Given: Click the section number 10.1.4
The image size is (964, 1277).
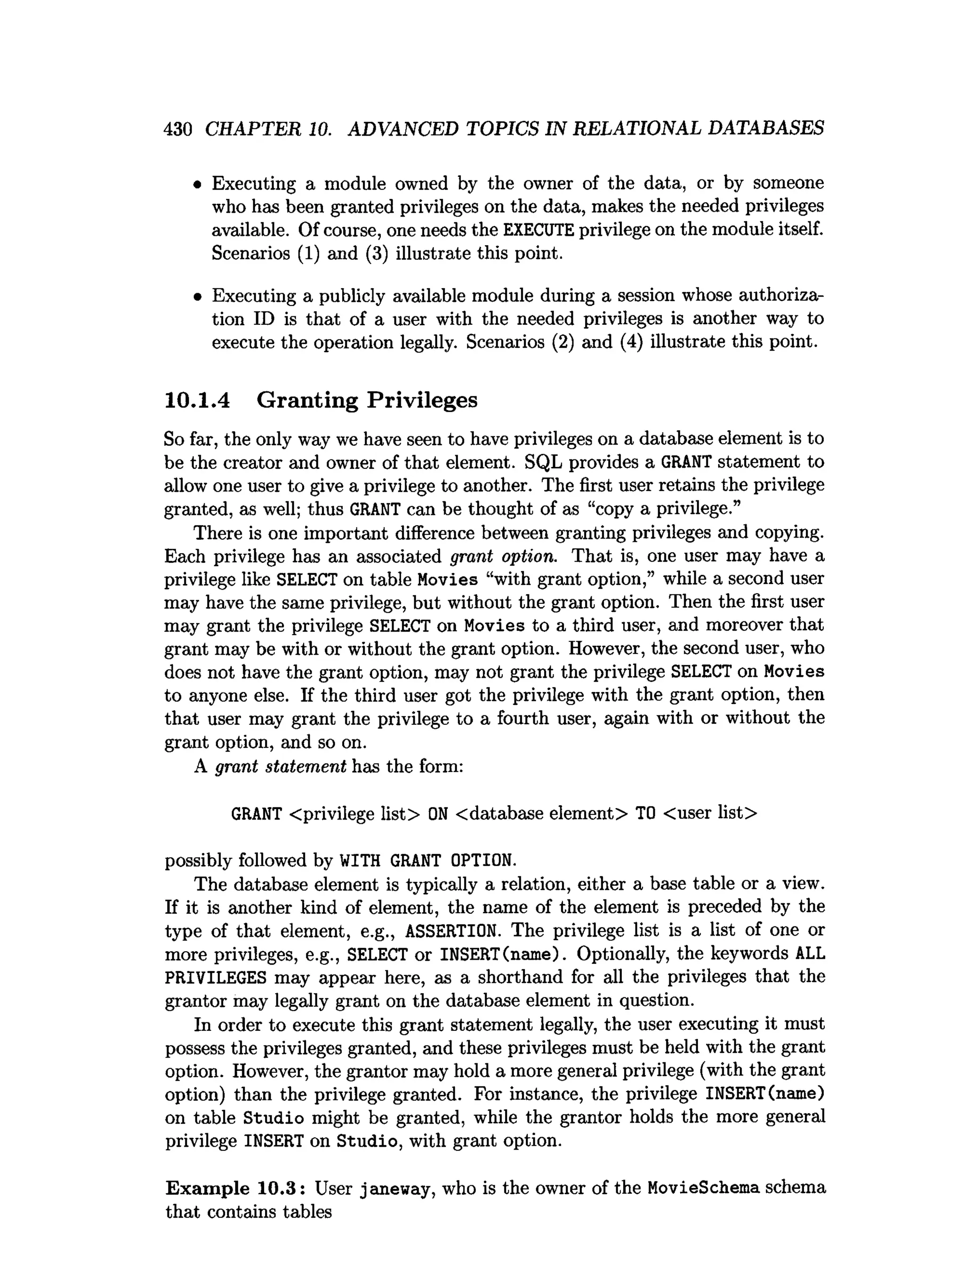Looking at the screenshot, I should tap(197, 400).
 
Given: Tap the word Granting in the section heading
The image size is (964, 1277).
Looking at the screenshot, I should tap(307, 400).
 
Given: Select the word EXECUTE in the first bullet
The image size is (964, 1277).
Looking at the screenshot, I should tap(538, 230).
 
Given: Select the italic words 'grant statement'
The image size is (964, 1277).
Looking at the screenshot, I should tap(280, 767).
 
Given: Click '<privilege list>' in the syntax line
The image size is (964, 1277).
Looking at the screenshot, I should tap(354, 813).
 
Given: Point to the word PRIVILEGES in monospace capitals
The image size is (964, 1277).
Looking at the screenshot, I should tap(215, 978).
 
